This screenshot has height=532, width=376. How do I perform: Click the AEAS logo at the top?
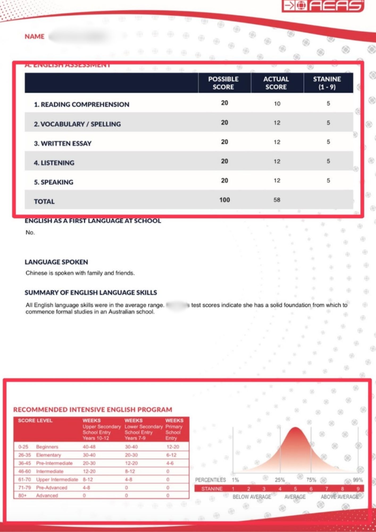tap(323, 6)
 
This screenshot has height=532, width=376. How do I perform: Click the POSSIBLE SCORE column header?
tap(223, 83)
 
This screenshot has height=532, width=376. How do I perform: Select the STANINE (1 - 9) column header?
tap(327, 83)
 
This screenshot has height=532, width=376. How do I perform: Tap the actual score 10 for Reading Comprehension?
tap(277, 104)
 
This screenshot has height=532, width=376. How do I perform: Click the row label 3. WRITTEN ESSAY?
tap(62, 144)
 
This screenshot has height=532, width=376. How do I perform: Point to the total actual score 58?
tap(277, 200)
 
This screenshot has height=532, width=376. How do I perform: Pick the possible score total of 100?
tap(224, 200)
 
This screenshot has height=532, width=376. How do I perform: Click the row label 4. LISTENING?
tap(54, 163)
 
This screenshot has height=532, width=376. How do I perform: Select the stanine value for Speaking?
tap(328, 181)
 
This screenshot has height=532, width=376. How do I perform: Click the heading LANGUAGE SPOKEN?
tap(56, 262)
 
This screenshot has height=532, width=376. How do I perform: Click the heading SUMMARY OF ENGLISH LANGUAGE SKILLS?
tap(91, 293)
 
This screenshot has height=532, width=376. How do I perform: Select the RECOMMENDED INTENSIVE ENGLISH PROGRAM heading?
tap(93, 410)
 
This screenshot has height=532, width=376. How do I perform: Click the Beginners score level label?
tap(47, 447)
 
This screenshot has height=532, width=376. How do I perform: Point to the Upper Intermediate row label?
tap(57, 480)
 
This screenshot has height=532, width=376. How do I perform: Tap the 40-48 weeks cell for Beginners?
tap(89, 447)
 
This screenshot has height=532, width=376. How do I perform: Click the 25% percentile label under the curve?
tap(280, 480)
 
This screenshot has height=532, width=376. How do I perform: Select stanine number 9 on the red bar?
tap(358, 489)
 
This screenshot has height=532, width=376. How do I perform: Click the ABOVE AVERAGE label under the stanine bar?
tap(340, 497)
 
